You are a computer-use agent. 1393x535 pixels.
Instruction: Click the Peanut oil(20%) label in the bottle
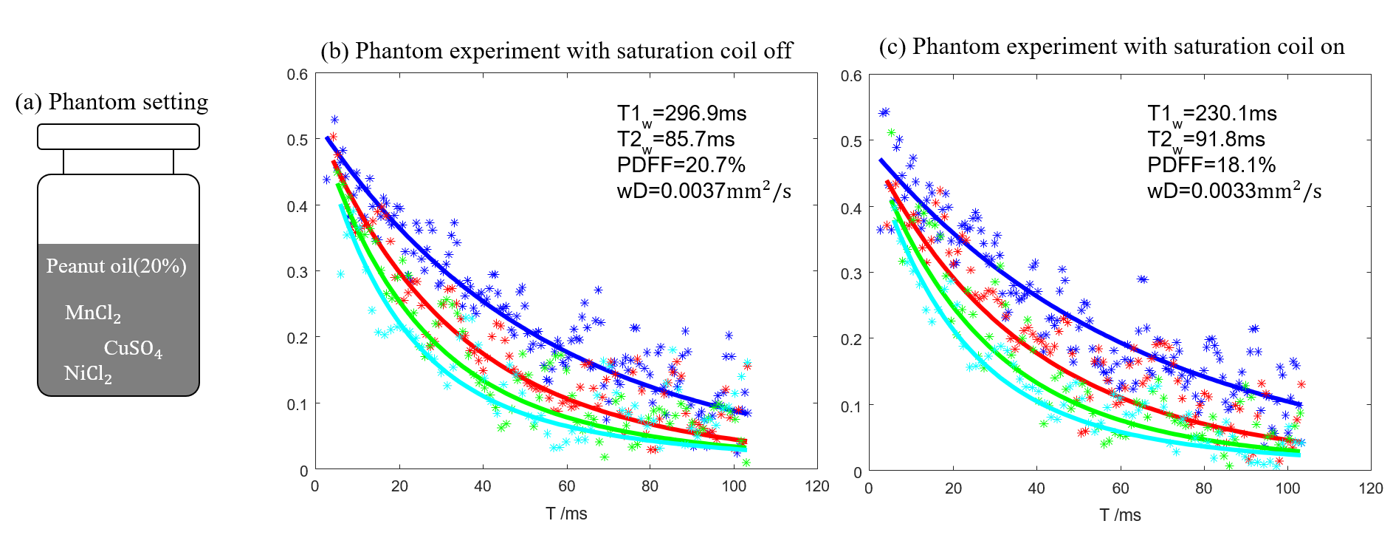tap(116, 266)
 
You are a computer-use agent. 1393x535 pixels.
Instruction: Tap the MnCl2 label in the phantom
tap(92, 313)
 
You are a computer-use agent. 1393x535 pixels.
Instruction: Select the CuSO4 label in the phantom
tap(133, 348)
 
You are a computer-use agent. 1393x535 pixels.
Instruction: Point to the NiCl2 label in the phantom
tap(88, 374)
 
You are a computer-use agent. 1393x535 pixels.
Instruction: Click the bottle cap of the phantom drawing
tap(118, 137)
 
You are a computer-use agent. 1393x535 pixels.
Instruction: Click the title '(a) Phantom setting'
tap(111, 102)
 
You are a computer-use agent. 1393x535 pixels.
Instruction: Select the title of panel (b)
tap(556, 51)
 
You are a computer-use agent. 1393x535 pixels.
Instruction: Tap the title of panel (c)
tap(1111, 47)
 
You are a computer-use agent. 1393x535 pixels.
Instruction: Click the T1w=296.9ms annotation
tap(681, 115)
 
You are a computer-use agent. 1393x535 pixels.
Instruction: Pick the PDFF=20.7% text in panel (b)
tap(681, 165)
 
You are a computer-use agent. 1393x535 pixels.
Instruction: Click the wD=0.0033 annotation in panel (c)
tap(1234, 191)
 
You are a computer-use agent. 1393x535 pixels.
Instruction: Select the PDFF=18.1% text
tap(1211, 165)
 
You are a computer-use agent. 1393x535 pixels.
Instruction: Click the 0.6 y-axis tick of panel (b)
tap(297, 75)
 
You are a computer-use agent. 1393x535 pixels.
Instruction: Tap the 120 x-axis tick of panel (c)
tap(1371, 488)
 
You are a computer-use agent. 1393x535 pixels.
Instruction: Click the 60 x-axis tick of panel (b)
tap(566, 486)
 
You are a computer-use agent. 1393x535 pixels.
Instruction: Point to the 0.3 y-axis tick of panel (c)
tap(851, 273)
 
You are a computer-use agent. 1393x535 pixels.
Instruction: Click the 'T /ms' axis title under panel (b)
tap(566, 514)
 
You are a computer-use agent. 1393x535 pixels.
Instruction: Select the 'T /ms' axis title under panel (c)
tap(1120, 515)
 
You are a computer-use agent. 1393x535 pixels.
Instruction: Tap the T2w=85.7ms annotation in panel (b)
tap(675, 140)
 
